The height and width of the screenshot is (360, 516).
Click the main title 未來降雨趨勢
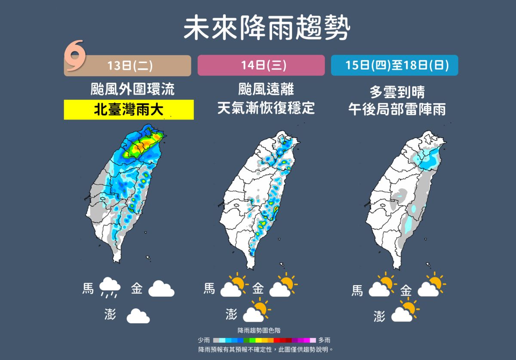pos(267,28)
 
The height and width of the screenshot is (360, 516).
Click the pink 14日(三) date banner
pos(261,65)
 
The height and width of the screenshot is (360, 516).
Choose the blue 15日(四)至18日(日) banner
pos(394,65)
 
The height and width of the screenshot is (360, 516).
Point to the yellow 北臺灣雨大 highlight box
pos(129,110)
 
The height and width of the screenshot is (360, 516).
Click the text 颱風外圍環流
pos(132,90)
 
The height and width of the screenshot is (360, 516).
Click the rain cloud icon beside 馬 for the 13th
pos(110,287)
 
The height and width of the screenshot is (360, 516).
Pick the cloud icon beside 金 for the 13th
pos(161,289)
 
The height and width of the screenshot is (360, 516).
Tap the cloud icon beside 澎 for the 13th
pos(138,316)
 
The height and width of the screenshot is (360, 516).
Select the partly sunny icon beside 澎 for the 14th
pos(257,312)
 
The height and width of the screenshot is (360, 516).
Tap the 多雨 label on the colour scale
pos(324,340)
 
